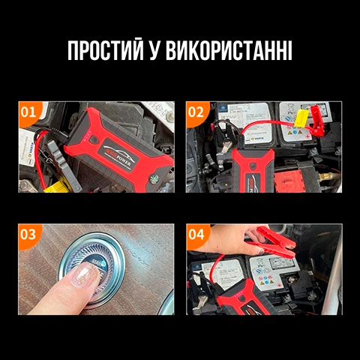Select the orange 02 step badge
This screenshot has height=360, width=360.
(x=196, y=112)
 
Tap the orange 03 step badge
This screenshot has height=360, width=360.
(x=28, y=234)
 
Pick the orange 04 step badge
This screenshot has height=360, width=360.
(x=196, y=234)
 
